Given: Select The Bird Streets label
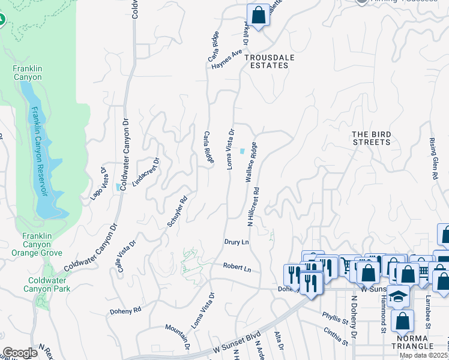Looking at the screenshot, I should point(371,138).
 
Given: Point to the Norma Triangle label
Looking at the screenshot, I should point(412,341).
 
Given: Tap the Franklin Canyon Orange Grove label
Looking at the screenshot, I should point(41,244).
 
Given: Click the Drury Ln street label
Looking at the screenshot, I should point(237,241).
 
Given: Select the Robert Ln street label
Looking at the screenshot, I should point(237,268).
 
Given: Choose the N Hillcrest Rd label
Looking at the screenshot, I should point(253,206).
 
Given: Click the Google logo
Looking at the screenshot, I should point(20,353).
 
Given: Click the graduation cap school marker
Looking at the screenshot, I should point(397,297).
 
